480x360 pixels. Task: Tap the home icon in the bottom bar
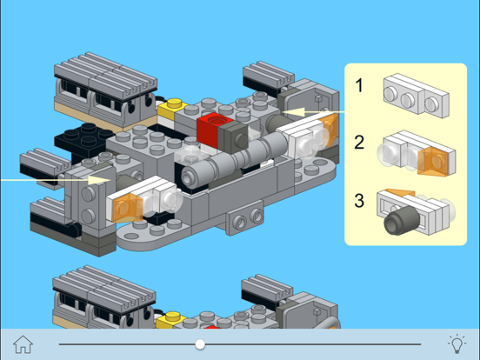click(x=23, y=343)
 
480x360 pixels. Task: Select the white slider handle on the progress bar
click(x=201, y=344)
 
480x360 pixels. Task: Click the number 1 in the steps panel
click(x=359, y=86)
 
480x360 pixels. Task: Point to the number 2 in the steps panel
click(x=359, y=143)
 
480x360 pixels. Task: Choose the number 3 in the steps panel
click(x=359, y=202)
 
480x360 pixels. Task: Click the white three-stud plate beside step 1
click(x=416, y=95)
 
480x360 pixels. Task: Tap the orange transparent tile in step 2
click(x=433, y=160)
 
